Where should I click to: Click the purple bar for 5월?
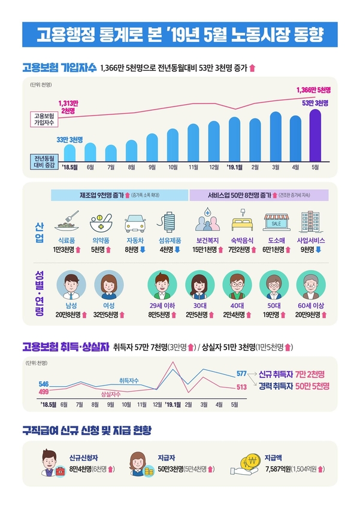316,138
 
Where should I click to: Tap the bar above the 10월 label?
173,143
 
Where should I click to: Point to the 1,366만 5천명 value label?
314,90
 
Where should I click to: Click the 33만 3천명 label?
69,139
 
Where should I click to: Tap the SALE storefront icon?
276,222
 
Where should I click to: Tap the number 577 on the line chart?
241,374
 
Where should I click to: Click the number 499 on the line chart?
43,392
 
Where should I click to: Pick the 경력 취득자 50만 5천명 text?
295,387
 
